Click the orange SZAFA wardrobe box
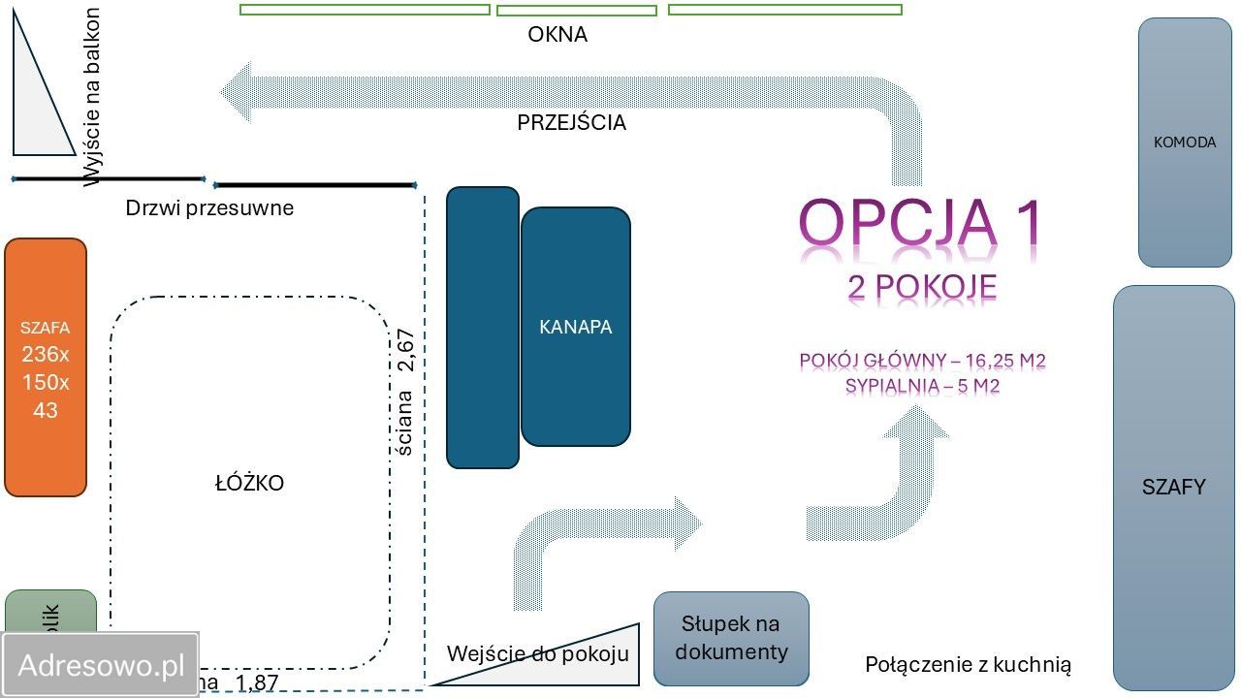click(x=46, y=368)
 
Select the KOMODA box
click(x=1184, y=143)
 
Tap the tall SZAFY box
click(x=1172, y=487)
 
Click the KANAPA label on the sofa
click(x=575, y=327)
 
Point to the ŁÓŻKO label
click(x=249, y=483)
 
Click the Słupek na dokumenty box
click(x=730, y=638)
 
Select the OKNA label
click(x=557, y=35)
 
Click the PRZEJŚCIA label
click(x=571, y=123)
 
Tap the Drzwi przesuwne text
click(x=209, y=207)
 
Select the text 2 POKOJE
click(x=921, y=288)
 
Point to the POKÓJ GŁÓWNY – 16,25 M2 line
click(x=922, y=362)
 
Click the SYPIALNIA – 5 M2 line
click(x=922, y=385)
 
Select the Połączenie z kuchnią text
click(x=968, y=665)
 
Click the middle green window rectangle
click(x=576, y=11)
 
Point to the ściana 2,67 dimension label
click(x=405, y=392)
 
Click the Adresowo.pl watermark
click(x=101, y=665)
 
